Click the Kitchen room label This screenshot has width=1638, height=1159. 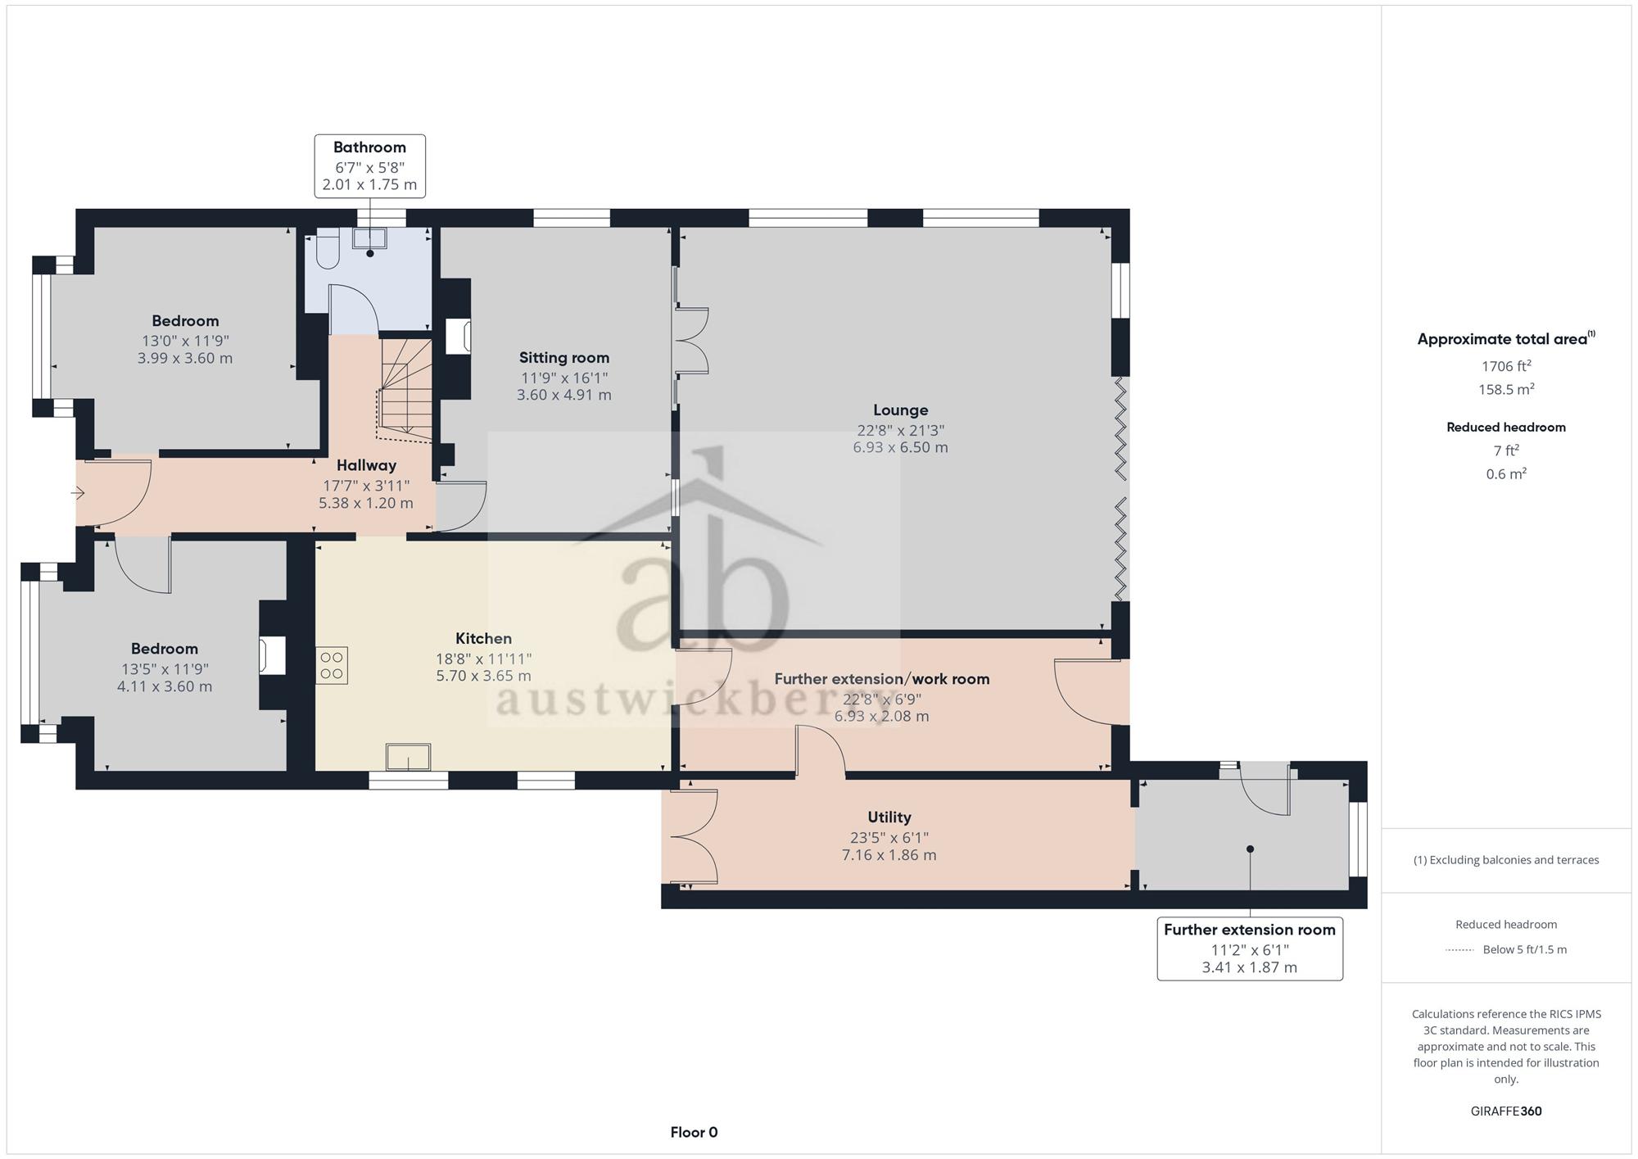[x=483, y=638]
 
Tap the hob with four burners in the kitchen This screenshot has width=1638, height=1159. [x=332, y=665]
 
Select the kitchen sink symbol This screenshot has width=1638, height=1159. [x=409, y=757]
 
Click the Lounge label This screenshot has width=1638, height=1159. [x=900, y=410]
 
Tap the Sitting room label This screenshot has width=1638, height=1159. [x=564, y=358]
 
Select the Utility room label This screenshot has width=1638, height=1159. [x=889, y=817]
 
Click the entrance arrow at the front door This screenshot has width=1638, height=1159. [x=78, y=493]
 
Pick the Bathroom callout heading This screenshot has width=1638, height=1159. [x=369, y=147]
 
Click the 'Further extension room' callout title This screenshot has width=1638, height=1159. [x=1249, y=930]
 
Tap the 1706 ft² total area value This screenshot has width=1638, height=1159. [x=1506, y=365]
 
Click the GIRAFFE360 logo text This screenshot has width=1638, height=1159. [x=1506, y=1111]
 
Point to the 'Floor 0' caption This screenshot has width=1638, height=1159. [x=694, y=1133]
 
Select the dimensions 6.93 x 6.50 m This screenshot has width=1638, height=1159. [x=900, y=447]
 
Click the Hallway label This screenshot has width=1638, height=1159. [x=366, y=465]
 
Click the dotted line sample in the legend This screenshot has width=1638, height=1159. [x=1459, y=950]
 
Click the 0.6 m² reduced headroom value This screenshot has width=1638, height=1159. [x=1506, y=473]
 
